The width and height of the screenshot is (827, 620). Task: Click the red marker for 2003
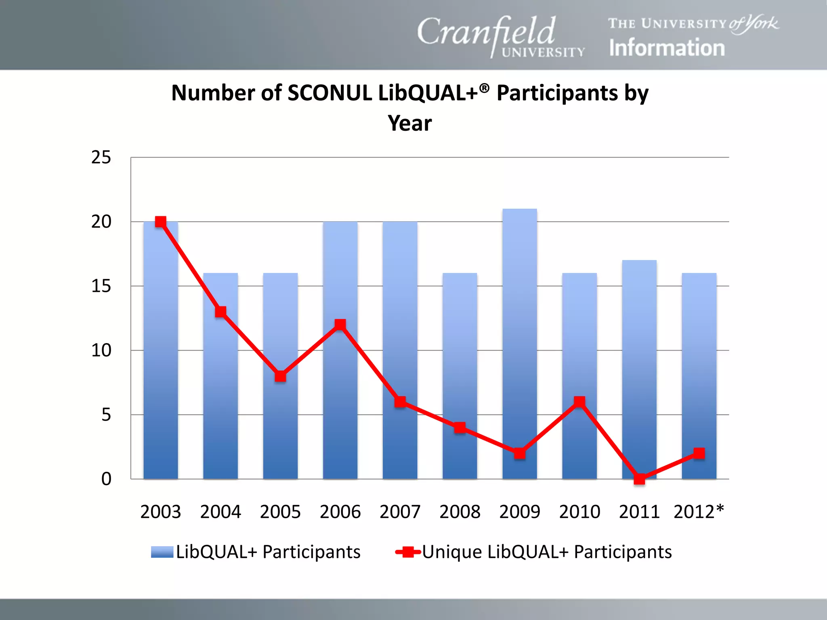click(161, 222)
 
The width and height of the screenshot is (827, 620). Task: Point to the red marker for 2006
click(340, 325)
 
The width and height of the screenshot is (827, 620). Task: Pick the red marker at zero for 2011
click(639, 479)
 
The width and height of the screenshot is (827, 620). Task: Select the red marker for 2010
click(579, 402)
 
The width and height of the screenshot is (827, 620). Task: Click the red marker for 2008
click(460, 427)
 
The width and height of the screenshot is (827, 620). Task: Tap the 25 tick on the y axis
click(101, 157)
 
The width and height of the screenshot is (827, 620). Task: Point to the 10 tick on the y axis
click(101, 350)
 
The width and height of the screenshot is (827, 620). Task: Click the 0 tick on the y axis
click(106, 479)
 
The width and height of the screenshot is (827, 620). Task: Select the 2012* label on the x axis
click(699, 512)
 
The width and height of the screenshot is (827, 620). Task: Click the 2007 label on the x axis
click(400, 512)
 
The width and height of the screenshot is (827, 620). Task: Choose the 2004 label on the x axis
click(220, 512)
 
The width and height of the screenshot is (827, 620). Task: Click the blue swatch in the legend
click(162, 552)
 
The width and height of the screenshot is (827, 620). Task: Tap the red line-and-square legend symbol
click(408, 552)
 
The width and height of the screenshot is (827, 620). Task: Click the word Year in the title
click(409, 123)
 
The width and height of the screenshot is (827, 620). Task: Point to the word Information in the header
click(667, 48)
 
